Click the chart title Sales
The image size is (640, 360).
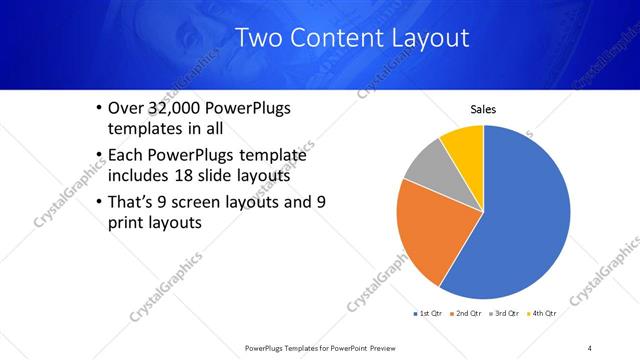click(x=483, y=110)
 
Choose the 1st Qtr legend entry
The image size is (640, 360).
click(x=427, y=313)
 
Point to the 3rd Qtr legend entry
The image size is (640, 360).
click(x=503, y=313)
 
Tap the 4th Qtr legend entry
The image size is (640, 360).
click(x=542, y=313)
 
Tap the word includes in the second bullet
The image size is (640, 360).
click(x=138, y=176)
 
